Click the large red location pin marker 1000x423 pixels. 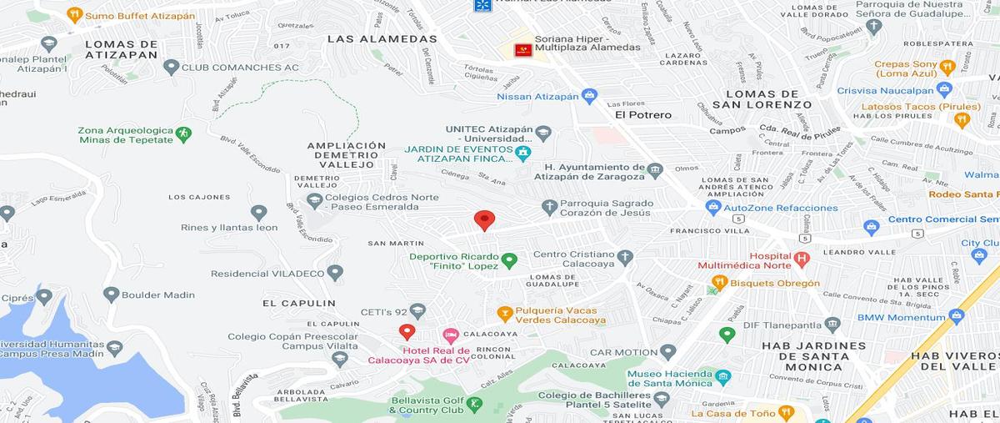(x=484, y=220)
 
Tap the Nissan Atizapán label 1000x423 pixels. (x=537, y=96)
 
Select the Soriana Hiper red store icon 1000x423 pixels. (x=523, y=50)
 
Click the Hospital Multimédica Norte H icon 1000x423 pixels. (x=802, y=259)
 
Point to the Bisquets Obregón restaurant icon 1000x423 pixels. (x=719, y=283)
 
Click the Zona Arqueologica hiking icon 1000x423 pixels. (x=183, y=133)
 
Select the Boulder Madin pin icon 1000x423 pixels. (x=111, y=294)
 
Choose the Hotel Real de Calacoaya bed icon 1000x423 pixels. (x=451, y=335)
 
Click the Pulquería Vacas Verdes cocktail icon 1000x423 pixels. (x=504, y=314)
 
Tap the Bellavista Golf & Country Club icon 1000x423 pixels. (x=475, y=405)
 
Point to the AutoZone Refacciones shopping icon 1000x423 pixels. (x=712, y=208)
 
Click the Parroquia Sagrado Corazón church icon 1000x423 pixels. (x=549, y=207)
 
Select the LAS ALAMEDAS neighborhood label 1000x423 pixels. (x=382, y=38)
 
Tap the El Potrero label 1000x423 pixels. (x=643, y=115)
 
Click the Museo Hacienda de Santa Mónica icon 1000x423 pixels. (x=722, y=377)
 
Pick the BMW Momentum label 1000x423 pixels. (x=907, y=318)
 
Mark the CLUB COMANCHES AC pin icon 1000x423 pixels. (x=171, y=67)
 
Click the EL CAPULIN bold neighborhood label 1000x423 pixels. (x=298, y=304)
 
